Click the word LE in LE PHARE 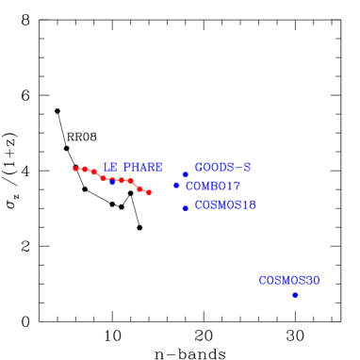pyautogui.click(x=109, y=167)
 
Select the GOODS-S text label pyautogui.click(x=222, y=167)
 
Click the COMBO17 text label pyautogui.click(x=213, y=186)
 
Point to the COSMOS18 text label pyautogui.click(x=225, y=205)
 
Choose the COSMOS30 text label pyautogui.click(x=289, y=280)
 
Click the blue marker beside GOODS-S pyautogui.click(x=186, y=174)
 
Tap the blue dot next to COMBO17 pyautogui.click(x=176, y=185)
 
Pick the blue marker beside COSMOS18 pyautogui.click(x=186, y=207)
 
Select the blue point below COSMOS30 pyautogui.click(x=295, y=295)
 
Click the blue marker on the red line pyautogui.click(x=112, y=181)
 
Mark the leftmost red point pyautogui.click(x=75, y=169)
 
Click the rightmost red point pyautogui.click(x=149, y=192)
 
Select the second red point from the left pyautogui.click(x=85, y=169)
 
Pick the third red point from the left pyautogui.click(x=94, y=172)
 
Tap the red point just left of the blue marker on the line pyautogui.click(x=103, y=177)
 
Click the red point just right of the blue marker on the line pyautogui.click(x=122, y=180)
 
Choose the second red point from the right pyautogui.click(x=139, y=188)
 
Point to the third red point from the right pyautogui.click(x=130, y=181)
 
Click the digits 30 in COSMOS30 pyautogui.click(x=312, y=280)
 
